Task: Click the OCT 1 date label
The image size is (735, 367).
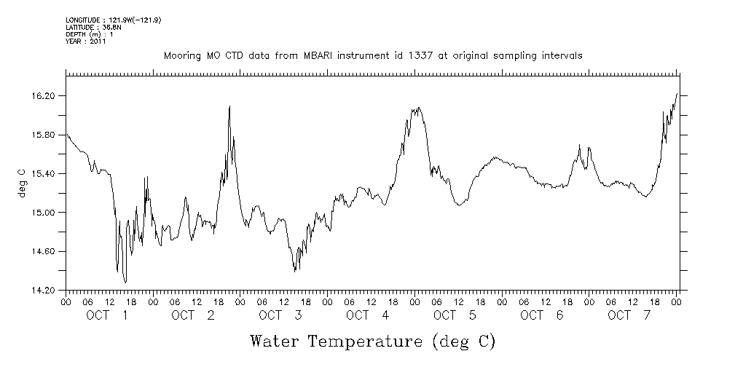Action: [x=107, y=315]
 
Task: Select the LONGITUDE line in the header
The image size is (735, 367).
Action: [x=113, y=20]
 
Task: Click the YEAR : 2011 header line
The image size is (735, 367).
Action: [x=86, y=42]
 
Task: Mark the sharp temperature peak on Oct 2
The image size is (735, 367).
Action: [x=230, y=106]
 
